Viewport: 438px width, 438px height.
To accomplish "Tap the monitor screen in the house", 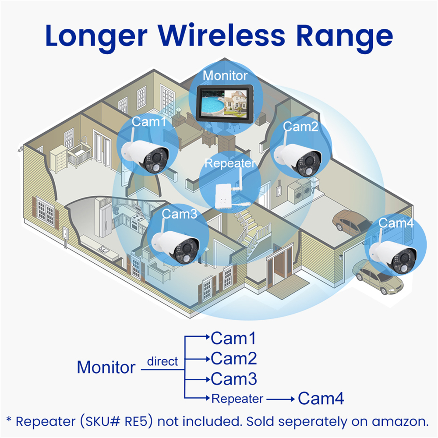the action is coord(224,103).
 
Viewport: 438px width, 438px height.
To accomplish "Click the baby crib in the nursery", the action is coord(79,156).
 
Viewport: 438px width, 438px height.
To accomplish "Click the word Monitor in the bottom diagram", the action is coord(106,367).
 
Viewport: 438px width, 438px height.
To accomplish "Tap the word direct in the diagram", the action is coord(162,361).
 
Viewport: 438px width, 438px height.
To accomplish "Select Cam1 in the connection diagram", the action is coord(233,338).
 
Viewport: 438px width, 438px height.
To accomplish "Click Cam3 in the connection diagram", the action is coord(233,378).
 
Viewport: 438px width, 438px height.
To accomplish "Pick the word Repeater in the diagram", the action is coord(237,399).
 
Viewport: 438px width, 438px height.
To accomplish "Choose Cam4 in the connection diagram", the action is coord(321,399).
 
